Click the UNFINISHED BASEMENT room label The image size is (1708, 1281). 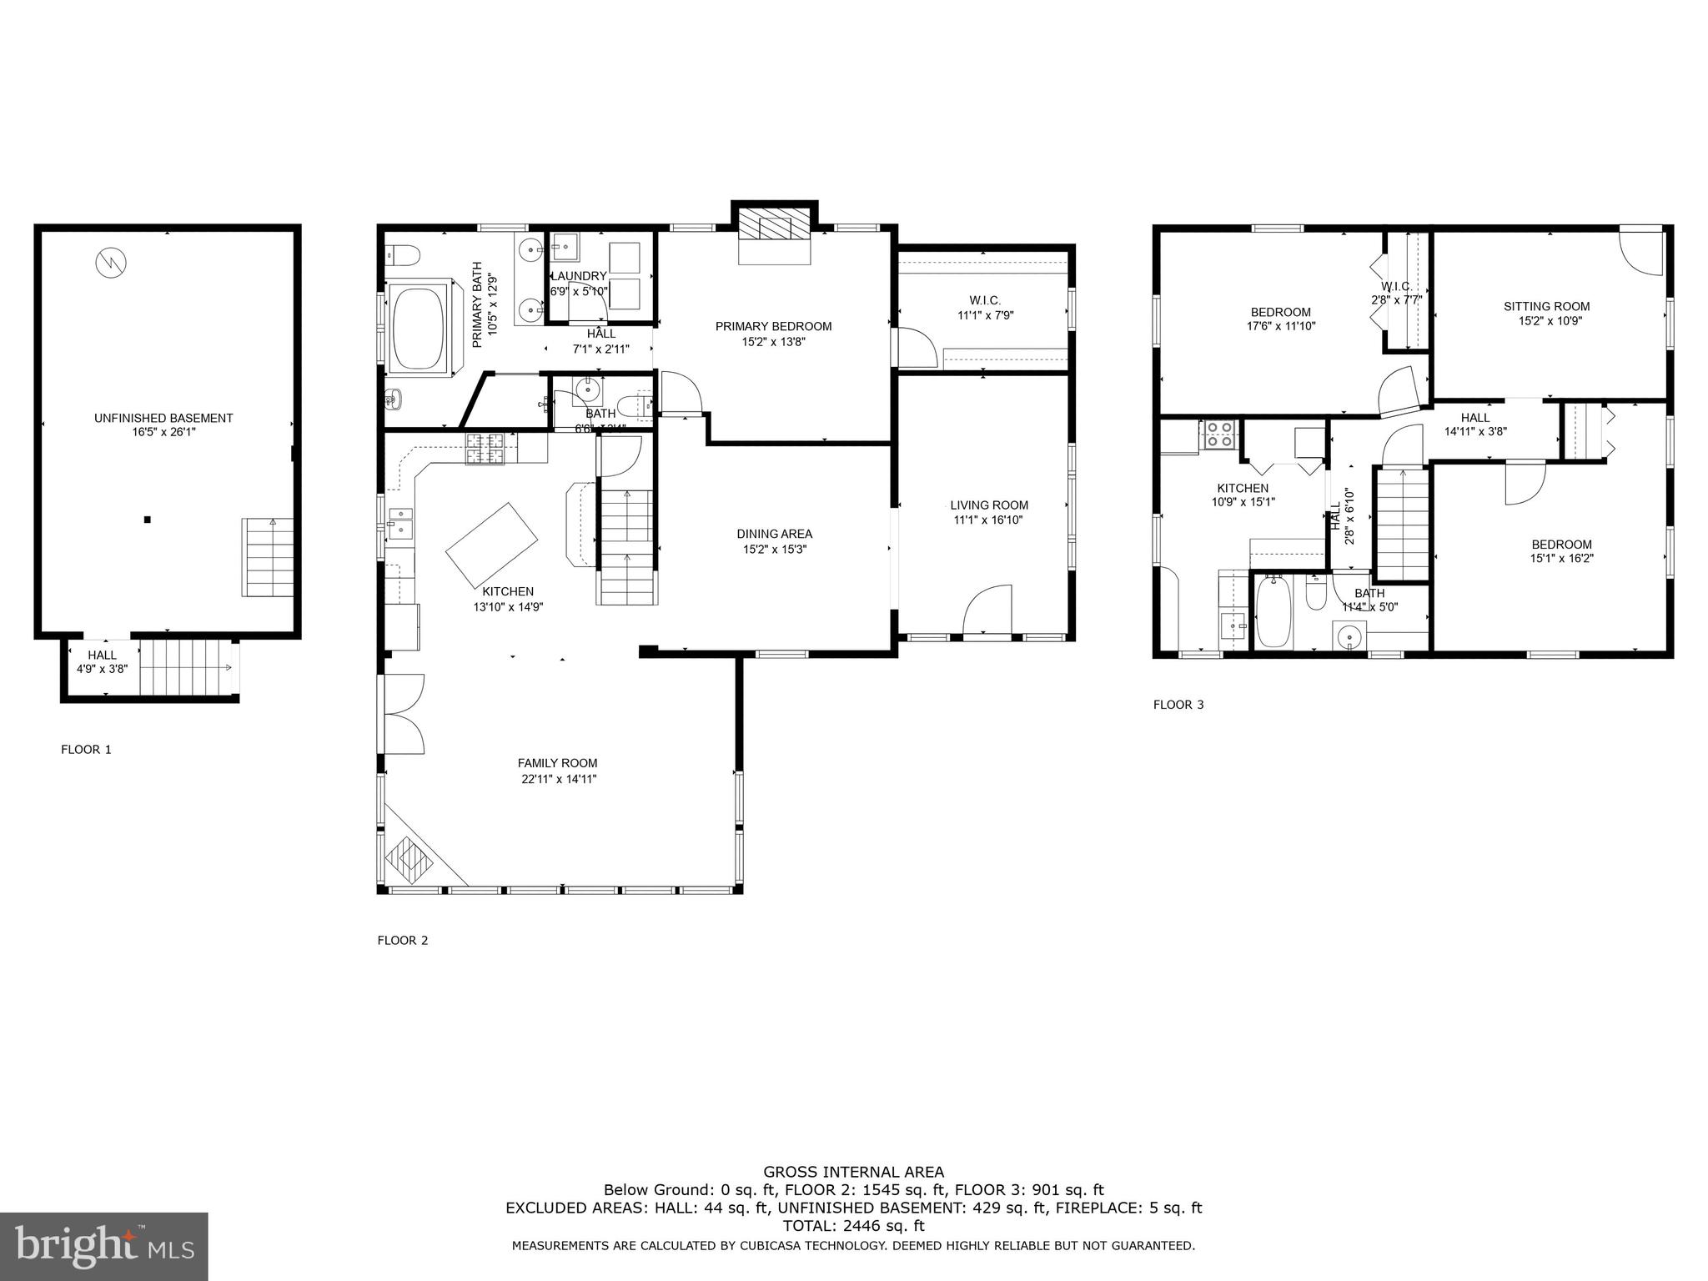click(x=163, y=418)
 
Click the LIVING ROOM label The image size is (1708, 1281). click(x=989, y=505)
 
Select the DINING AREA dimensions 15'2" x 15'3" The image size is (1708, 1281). click(x=775, y=549)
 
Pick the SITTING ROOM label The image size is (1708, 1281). click(x=1546, y=306)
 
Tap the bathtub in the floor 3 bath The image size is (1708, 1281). click(x=1273, y=613)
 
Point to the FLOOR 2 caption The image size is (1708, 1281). click(x=403, y=940)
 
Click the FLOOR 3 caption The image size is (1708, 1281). click(x=1178, y=704)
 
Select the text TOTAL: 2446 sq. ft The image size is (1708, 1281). click(x=853, y=1225)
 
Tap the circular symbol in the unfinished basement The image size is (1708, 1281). click(x=111, y=263)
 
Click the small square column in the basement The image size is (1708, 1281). click(x=148, y=520)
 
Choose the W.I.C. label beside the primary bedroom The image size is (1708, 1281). click(x=985, y=300)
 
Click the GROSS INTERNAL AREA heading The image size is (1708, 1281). click(x=853, y=1172)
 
